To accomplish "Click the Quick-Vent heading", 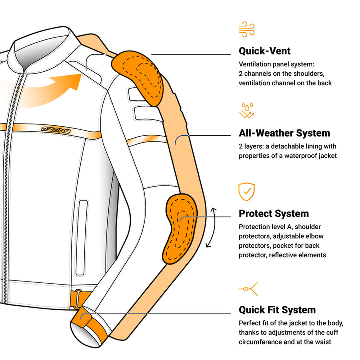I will coord(264,51).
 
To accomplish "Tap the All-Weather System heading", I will coord(284,133).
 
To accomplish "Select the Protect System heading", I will coord(274,214).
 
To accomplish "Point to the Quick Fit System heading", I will coord(277,310).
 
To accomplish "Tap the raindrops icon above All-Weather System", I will coord(247,110).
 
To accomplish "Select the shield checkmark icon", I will coord(246,191).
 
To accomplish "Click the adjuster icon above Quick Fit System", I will coord(247,288).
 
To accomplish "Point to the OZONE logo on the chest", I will coord(56,130).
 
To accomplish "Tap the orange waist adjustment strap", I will coord(77,299).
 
